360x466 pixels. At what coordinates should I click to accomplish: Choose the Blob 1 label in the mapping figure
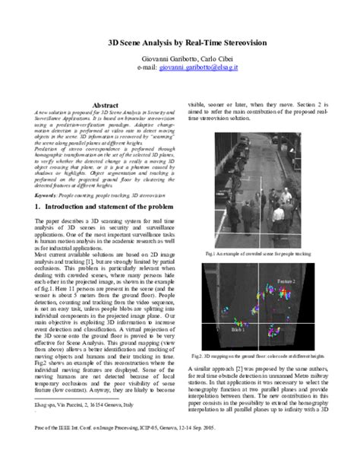point(238,331)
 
